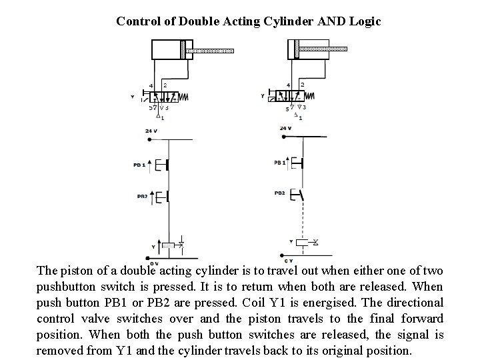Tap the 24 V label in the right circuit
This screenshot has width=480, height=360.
click(x=285, y=128)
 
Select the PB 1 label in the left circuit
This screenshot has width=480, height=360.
click(x=139, y=165)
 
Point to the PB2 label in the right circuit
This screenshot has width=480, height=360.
click(x=279, y=193)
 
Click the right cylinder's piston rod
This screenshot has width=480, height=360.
click(x=324, y=49)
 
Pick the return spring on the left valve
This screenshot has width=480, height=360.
click(x=183, y=97)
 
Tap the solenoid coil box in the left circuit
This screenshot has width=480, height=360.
click(x=169, y=246)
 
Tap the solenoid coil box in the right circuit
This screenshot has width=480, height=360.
click(x=303, y=242)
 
